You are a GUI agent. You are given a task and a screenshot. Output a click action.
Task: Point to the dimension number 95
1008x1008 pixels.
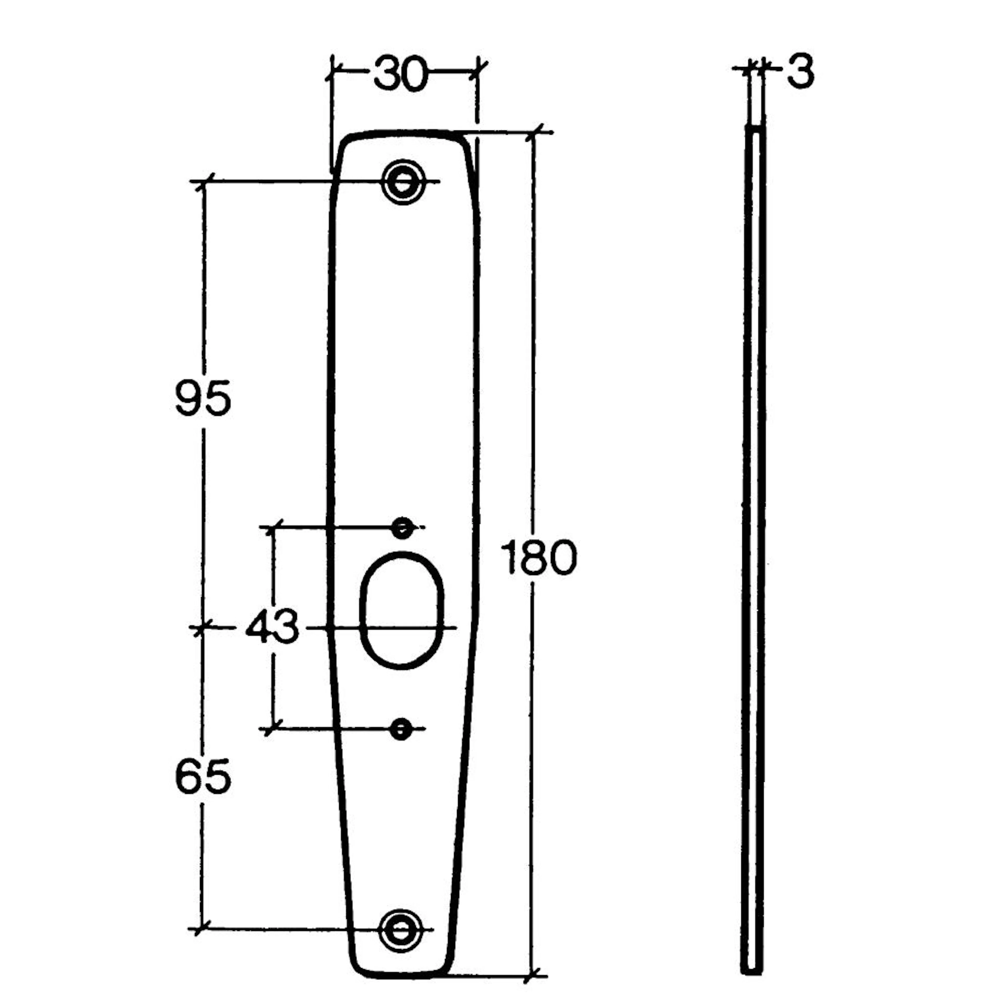click(203, 398)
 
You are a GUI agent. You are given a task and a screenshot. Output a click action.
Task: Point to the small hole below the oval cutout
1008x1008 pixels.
click(401, 729)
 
